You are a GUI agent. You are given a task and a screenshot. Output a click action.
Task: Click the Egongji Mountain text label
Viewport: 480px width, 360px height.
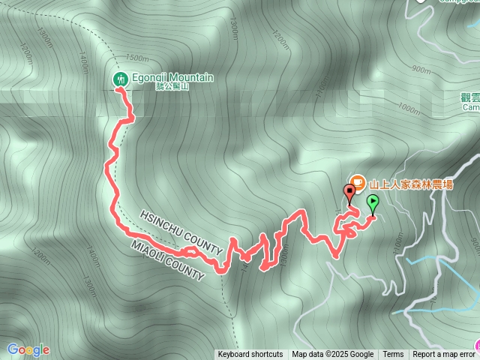[173, 77]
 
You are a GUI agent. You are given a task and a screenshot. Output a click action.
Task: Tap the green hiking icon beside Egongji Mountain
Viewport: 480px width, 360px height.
[120, 79]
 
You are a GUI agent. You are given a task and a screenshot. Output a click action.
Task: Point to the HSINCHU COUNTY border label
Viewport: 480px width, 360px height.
[181, 232]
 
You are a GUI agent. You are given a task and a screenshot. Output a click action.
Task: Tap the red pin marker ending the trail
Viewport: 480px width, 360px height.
[349, 192]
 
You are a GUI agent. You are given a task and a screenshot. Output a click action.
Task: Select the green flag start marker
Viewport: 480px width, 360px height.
[373, 201]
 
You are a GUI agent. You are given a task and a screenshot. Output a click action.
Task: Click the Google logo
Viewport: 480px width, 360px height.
[28, 349]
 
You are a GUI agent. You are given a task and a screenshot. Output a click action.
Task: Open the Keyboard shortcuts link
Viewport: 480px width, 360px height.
[250, 355]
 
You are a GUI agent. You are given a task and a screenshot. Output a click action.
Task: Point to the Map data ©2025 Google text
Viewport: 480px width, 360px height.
[332, 355]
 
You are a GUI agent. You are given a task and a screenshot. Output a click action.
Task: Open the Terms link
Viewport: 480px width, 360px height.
[393, 355]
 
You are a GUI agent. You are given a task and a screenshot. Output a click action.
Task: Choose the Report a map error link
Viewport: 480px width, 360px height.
[445, 355]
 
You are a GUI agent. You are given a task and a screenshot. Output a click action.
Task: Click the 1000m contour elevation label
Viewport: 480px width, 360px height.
[409, 109]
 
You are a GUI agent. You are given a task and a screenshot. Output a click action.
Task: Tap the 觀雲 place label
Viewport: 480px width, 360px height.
[470, 97]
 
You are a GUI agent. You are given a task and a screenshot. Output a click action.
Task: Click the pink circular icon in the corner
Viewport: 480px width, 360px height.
[476, 346]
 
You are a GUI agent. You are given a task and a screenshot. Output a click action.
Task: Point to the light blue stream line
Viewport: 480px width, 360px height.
[420, 259]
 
